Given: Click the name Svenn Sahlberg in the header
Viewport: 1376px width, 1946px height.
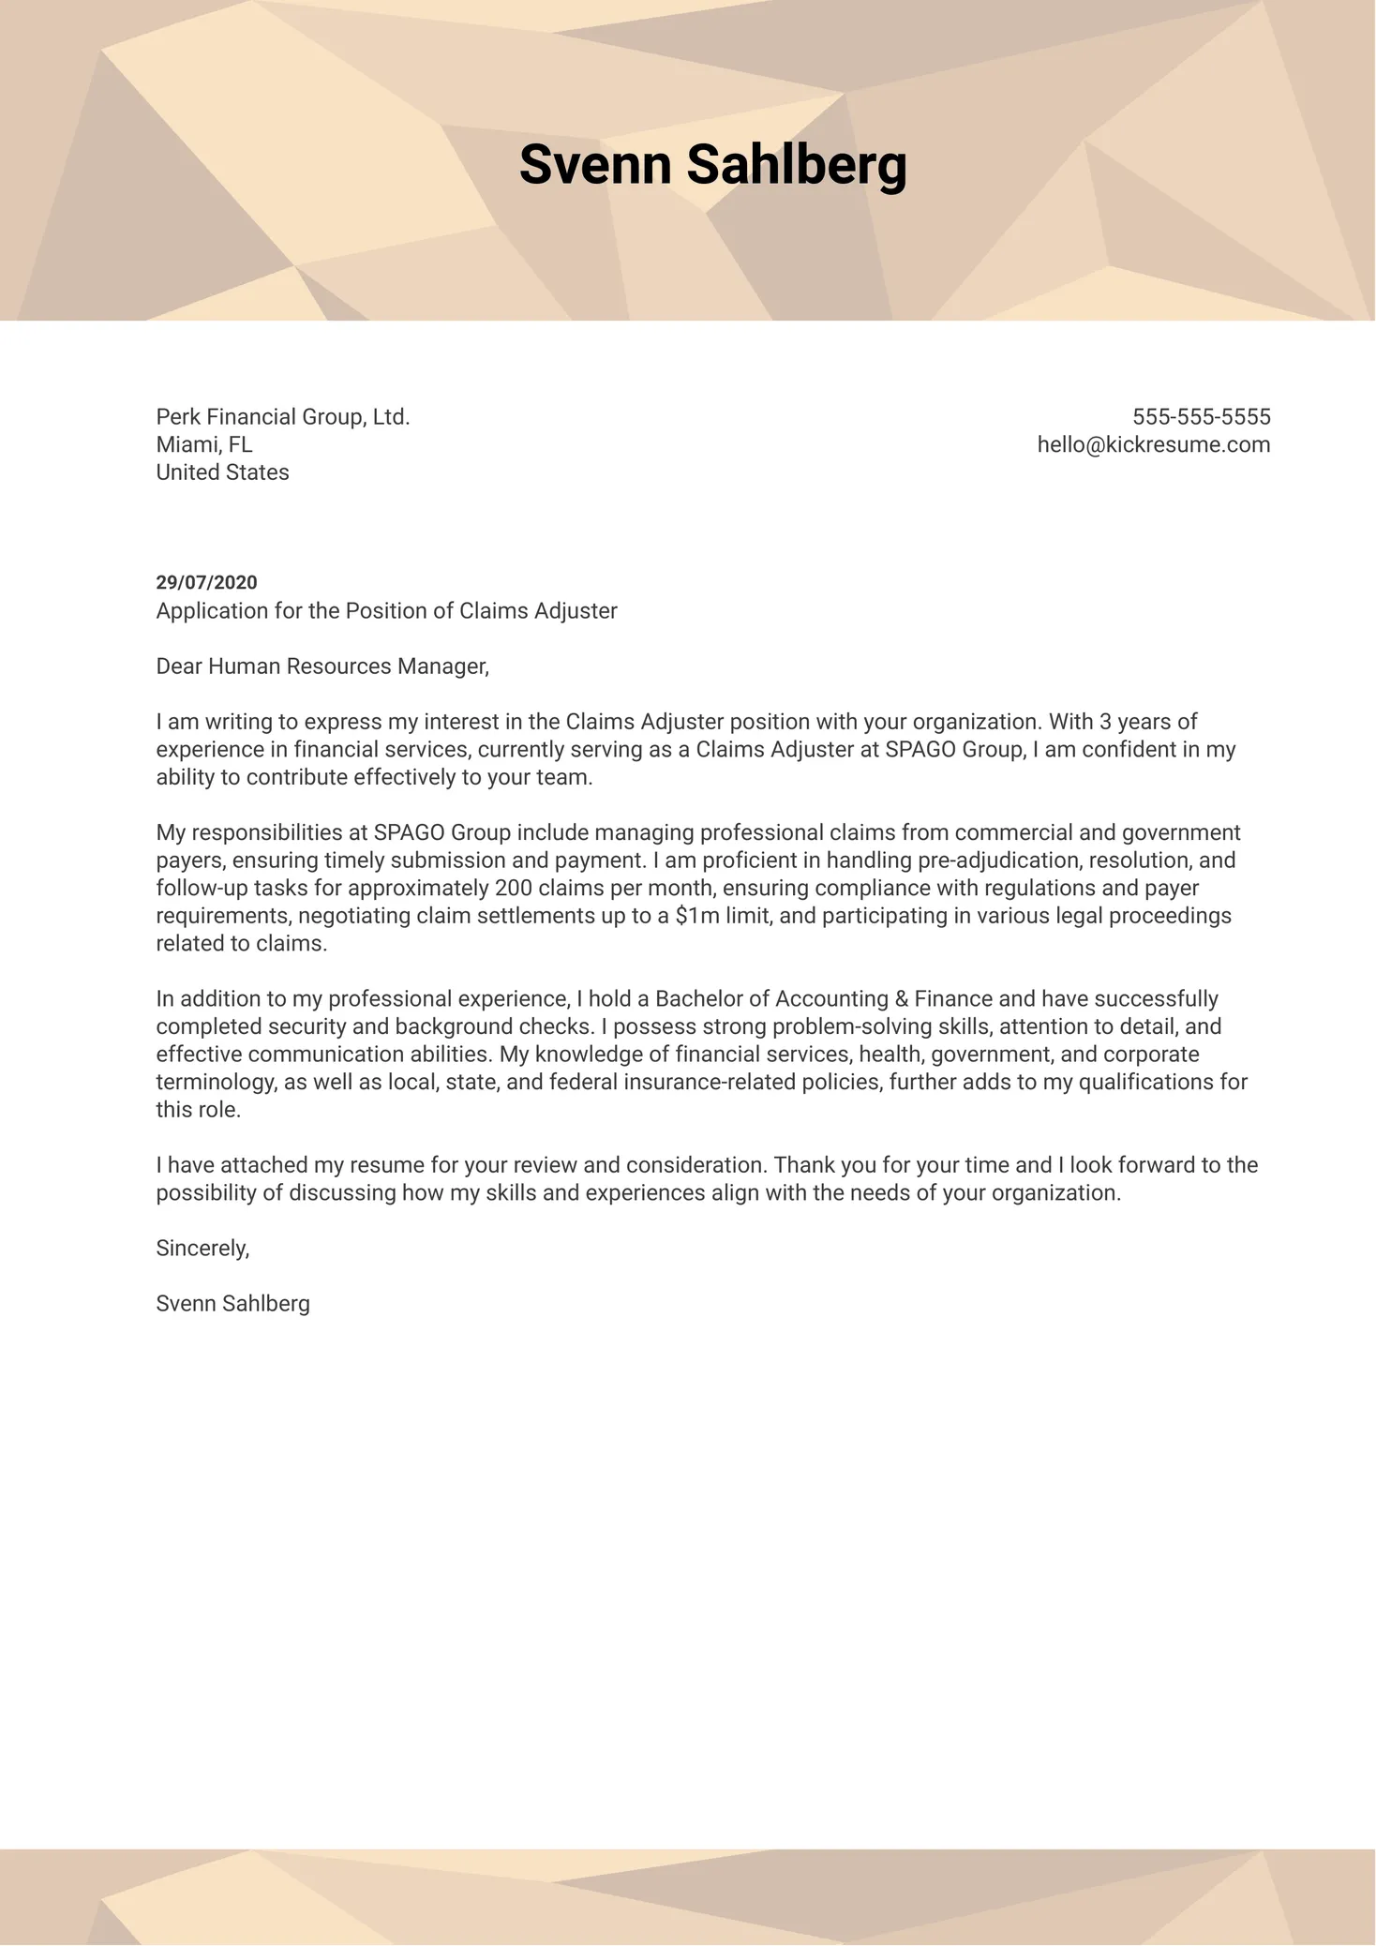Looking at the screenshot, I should [x=712, y=165].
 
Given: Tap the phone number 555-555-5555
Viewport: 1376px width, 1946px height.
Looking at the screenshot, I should [x=1201, y=417].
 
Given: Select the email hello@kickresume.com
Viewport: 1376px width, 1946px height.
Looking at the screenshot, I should [x=1153, y=445].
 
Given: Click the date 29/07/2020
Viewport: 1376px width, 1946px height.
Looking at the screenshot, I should [x=206, y=583].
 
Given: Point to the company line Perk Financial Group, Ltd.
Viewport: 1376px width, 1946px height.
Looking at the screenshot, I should [x=283, y=417].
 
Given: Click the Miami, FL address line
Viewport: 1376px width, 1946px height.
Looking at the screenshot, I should [x=204, y=445].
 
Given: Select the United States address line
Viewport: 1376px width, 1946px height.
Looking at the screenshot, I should [x=222, y=472].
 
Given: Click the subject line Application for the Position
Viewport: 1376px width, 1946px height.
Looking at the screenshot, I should [x=386, y=611].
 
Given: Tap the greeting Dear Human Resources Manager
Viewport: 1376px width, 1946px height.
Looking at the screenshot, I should [x=322, y=666].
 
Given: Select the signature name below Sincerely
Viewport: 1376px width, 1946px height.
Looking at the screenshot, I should [x=232, y=1304].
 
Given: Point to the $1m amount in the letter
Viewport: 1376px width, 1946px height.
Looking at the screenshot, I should [x=696, y=916].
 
